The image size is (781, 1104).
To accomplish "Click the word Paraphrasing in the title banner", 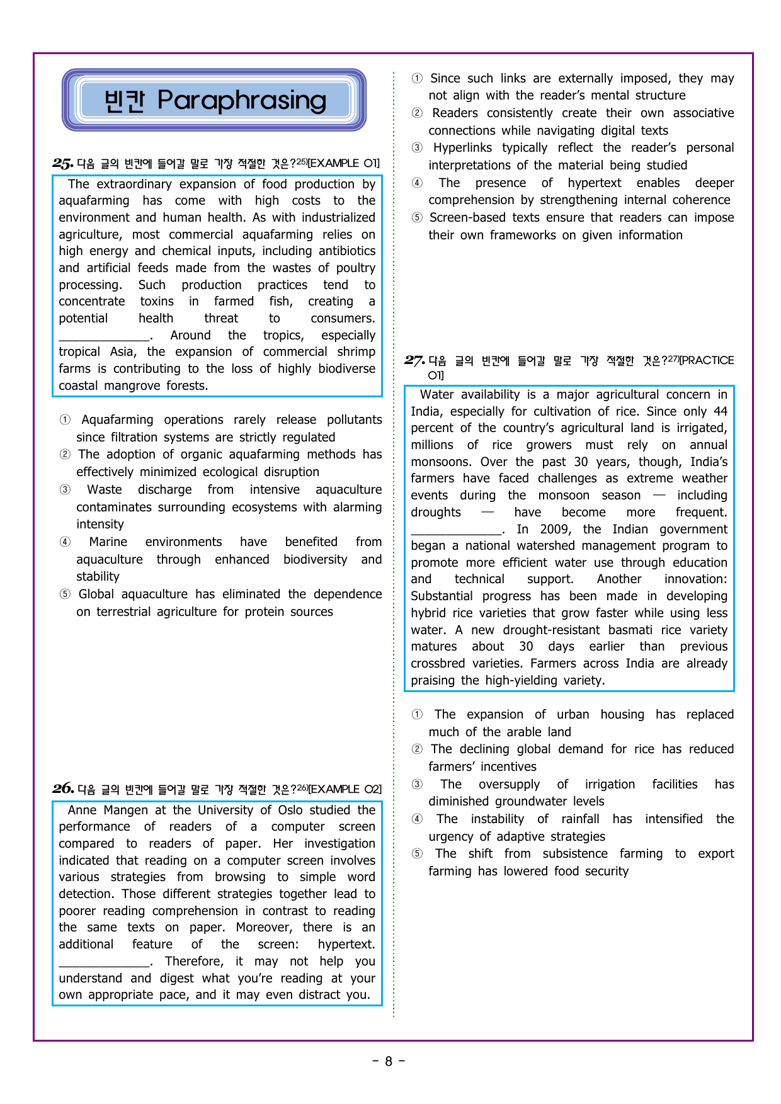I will (242, 100).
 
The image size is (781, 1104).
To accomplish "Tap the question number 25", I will (62, 164).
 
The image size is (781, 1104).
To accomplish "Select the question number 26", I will (63, 788).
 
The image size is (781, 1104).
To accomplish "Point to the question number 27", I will (414, 360).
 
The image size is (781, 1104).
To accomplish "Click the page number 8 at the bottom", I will (389, 1061).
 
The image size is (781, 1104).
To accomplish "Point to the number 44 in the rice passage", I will (720, 411).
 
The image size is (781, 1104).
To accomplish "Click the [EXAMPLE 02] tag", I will (345, 789).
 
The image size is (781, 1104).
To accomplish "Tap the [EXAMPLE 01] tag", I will (344, 163).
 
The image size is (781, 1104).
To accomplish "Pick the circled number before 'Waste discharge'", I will (65, 490).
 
